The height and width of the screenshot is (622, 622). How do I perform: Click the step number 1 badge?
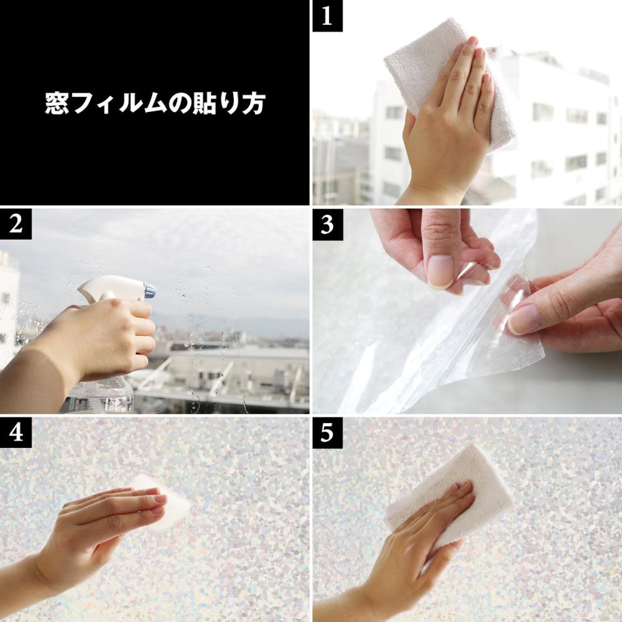point(327,16)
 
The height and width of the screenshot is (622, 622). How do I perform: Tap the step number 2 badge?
point(16,224)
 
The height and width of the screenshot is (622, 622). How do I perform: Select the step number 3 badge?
point(327,224)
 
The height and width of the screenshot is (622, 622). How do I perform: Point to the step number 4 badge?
point(16,432)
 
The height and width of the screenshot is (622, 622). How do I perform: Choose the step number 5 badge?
point(327,432)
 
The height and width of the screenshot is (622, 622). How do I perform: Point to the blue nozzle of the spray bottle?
point(149,290)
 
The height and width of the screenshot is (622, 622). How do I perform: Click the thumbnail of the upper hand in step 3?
point(440,271)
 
